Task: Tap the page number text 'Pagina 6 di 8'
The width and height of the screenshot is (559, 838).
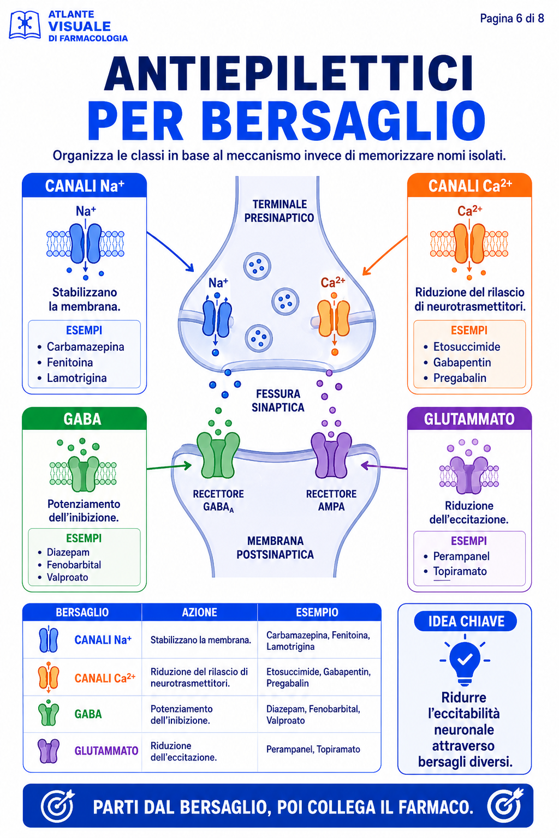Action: coord(512,19)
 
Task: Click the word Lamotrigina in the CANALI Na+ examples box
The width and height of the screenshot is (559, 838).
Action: coord(77,378)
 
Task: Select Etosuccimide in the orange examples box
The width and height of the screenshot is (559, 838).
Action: coord(467,346)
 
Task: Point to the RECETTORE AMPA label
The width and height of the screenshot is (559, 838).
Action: coord(331,500)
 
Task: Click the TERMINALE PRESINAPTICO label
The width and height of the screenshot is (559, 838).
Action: coord(279,211)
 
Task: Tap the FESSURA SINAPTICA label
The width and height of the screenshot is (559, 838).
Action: coord(278,400)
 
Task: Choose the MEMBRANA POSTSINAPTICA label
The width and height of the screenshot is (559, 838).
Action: coord(275,548)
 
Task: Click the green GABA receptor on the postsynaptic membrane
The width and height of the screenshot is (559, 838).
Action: coord(218,455)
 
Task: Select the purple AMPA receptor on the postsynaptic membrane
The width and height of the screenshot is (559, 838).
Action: coord(331,455)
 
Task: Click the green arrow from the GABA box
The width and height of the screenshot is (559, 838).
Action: coord(169,466)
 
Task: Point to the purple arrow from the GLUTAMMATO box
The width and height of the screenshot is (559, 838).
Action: coord(384,466)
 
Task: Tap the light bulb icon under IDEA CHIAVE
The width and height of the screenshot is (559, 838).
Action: coord(465,660)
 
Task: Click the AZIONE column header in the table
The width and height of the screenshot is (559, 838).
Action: coord(200,612)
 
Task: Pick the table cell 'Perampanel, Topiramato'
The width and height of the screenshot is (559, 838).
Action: coord(313,749)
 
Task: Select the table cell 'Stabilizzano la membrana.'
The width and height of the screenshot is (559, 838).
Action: coord(201,640)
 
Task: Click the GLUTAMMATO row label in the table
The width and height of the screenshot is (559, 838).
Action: coord(106,751)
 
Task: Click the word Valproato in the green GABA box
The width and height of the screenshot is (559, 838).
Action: coord(67,577)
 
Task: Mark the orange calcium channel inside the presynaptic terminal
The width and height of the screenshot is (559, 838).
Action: coord(334,318)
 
